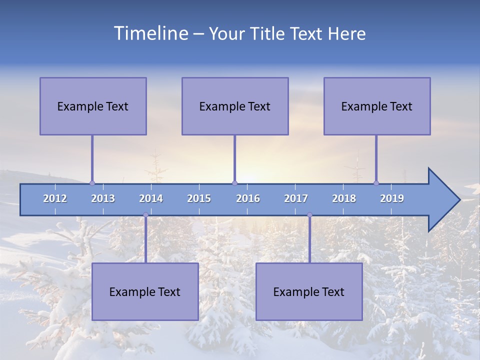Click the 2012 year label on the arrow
pyautogui.click(x=55, y=198)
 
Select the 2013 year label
pyautogui.click(x=103, y=198)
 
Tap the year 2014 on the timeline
pyautogui.click(x=151, y=198)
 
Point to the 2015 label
pyautogui.click(x=199, y=198)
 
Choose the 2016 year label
pyautogui.click(x=248, y=198)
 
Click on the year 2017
pyautogui.click(x=296, y=198)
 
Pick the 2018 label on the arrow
pyautogui.click(x=344, y=198)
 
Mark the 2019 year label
pyautogui.click(x=392, y=198)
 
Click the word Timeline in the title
pyautogui.click(x=150, y=33)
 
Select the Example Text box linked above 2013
pyautogui.click(x=93, y=106)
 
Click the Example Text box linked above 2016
pyautogui.click(x=235, y=106)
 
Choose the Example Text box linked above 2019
pyautogui.click(x=377, y=106)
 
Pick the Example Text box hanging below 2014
pyautogui.click(x=145, y=291)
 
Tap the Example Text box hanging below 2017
pyautogui.click(x=309, y=291)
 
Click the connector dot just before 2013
pyautogui.click(x=92, y=183)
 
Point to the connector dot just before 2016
pyautogui.click(x=234, y=183)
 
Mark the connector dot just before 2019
pyautogui.click(x=376, y=183)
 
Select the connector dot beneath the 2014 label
pyautogui.click(x=145, y=215)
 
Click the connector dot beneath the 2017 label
pyautogui.click(x=309, y=215)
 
